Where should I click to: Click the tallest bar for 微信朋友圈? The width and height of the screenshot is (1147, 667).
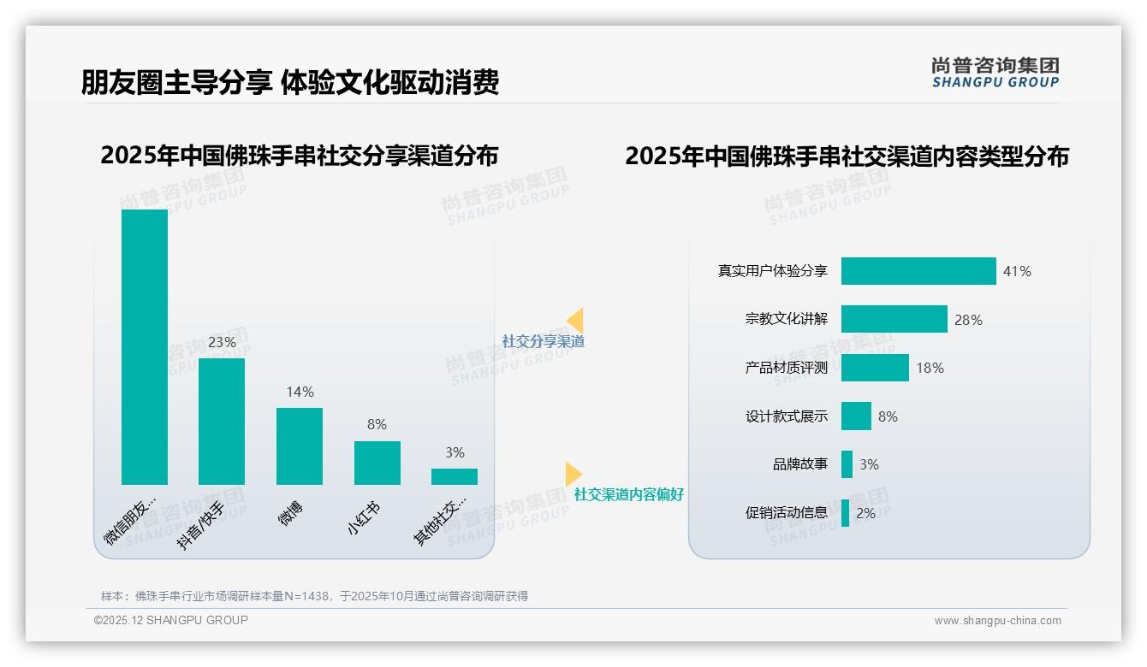pyautogui.click(x=145, y=346)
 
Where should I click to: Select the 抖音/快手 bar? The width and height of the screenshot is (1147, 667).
pyautogui.click(x=222, y=421)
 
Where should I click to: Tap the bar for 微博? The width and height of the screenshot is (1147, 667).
pyautogui.click(x=300, y=446)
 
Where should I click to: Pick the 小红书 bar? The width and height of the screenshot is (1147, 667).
pyautogui.click(x=377, y=463)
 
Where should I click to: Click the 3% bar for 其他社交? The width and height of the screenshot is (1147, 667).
pyautogui.click(x=455, y=476)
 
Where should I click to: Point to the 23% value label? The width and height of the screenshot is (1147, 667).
pyautogui.click(x=222, y=342)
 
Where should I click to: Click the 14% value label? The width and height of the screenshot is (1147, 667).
pyautogui.click(x=300, y=392)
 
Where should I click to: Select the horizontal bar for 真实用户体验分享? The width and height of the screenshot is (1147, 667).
pyautogui.click(x=918, y=271)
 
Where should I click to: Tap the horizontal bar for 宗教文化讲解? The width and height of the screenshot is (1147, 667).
pyautogui.click(x=894, y=319)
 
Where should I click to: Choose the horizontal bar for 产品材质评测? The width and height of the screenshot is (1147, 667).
pyautogui.click(x=875, y=368)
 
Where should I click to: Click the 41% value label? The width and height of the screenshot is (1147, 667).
pyautogui.click(x=1018, y=271)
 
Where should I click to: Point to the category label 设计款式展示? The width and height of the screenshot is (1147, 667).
pyautogui.click(x=787, y=416)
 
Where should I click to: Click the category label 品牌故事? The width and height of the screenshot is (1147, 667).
pyautogui.click(x=800, y=464)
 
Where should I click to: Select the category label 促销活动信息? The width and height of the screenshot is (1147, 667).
pyautogui.click(x=787, y=513)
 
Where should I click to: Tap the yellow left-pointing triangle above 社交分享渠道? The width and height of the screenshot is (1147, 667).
pyautogui.click(x=575, y=321)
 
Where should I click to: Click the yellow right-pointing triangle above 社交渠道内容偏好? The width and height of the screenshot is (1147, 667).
pyautogui.click(x=573, y=473)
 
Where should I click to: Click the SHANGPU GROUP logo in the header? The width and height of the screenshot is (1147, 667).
pyautogui.click(x=995, y=73)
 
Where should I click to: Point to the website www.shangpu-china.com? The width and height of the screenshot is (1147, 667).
pyautogui.click(x=997, y=621)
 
